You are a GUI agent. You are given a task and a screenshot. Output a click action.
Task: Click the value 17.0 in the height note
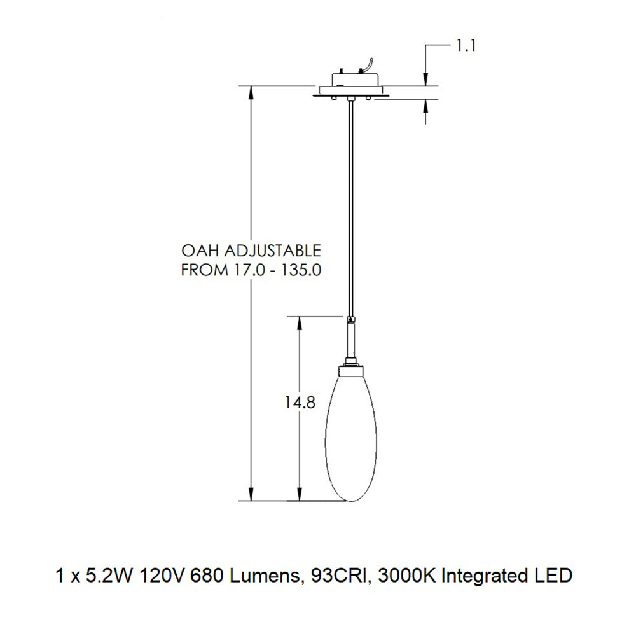244,270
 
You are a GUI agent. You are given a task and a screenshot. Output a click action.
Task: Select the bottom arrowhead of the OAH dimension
252,495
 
